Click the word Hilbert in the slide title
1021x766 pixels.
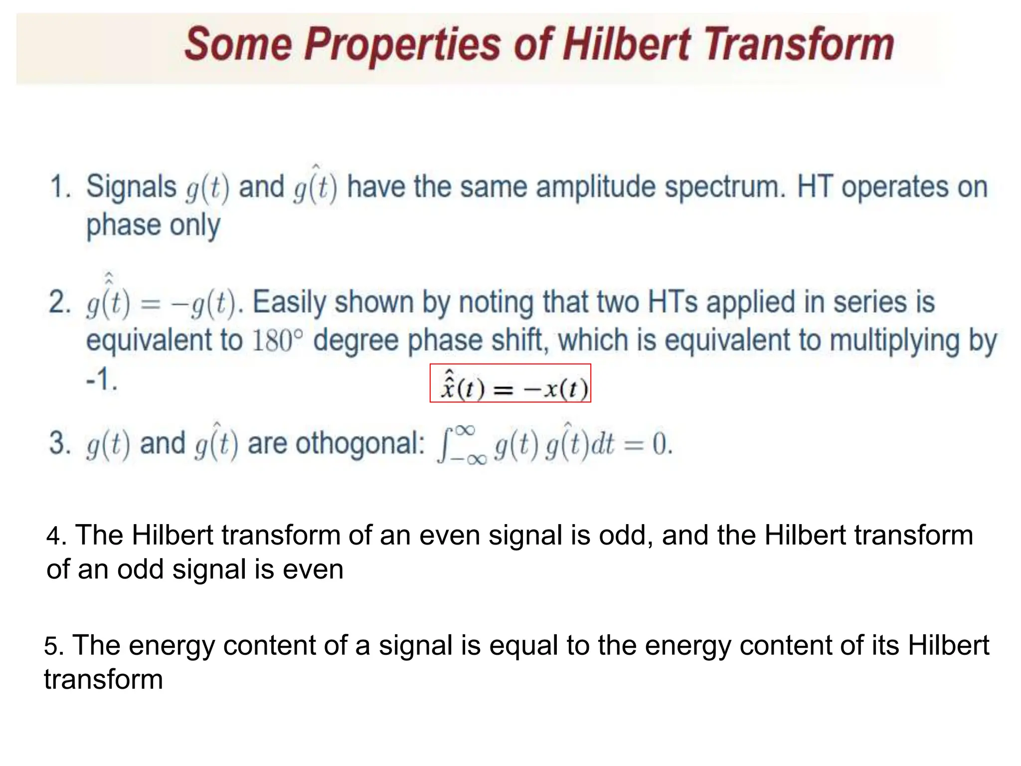coord(627,44)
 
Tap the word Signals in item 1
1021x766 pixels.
coord(131,187)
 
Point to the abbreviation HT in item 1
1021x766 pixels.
coord(816,187)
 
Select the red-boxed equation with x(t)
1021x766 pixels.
coord(510,383)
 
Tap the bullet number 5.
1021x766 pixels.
coord(53,646)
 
